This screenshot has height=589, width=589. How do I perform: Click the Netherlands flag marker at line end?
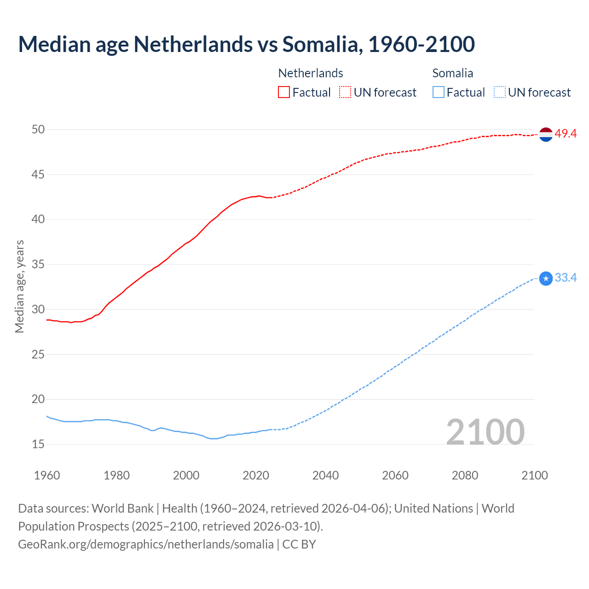point(546,134)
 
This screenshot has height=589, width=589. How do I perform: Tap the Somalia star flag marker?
point(546,278)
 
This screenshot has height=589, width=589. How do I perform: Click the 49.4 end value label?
point(566,134)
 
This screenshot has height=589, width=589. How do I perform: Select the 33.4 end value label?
point(566,278)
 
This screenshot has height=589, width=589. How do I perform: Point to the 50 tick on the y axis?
point(38,130)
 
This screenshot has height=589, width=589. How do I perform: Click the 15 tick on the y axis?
point(38,445)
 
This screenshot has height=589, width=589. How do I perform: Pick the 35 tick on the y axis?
point(38,265)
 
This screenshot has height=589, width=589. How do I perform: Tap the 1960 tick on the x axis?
point(47,475)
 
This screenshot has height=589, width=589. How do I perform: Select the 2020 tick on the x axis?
point(256,475)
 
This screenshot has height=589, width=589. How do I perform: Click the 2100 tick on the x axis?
point(535,475)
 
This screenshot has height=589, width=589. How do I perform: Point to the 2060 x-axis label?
point(395,475)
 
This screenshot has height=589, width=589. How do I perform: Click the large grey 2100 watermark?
point(485,432)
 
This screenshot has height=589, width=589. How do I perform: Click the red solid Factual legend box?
point(284,92)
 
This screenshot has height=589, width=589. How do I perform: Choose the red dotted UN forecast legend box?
point(345,92)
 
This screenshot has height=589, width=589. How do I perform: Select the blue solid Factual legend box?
point(439,92)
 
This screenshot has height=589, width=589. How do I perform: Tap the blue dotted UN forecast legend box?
point(499,92)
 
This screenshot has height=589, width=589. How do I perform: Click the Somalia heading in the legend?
point(453,73)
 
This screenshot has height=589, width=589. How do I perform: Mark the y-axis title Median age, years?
point(19,286)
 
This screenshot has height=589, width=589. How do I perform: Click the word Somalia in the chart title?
point(320,44)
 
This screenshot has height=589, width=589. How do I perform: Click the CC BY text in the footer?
point(299,544)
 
